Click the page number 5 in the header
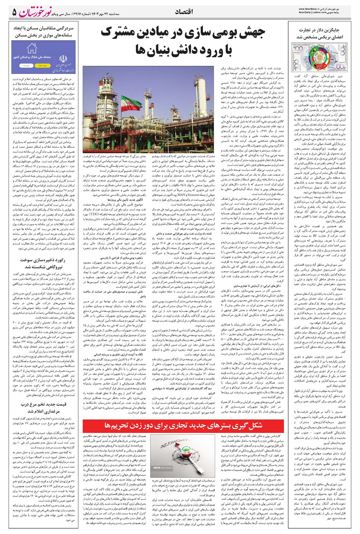(14, 13)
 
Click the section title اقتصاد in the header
(184, 12)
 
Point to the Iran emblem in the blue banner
(63, 58)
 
